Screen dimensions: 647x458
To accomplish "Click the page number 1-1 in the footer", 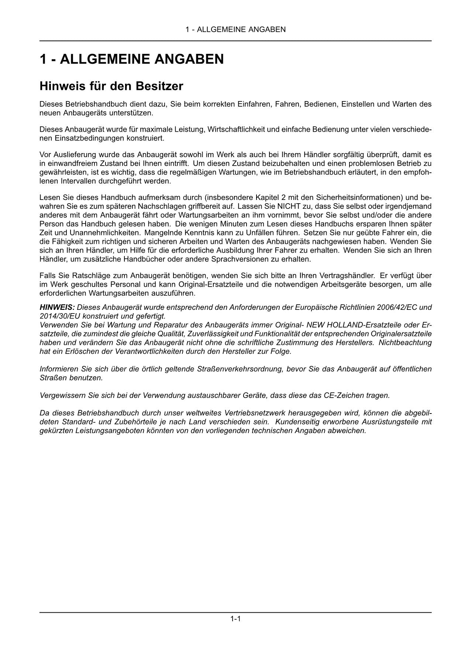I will (235, 619).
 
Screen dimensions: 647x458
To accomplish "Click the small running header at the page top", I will (235, 30).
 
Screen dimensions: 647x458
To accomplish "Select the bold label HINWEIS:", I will (57, 307).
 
